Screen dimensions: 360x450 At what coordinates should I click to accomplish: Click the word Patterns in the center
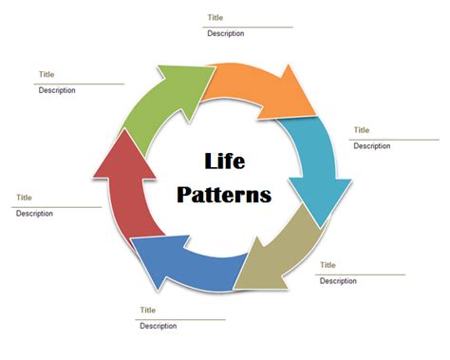coord(225,195)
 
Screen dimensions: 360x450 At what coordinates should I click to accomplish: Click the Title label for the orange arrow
coord(216,17)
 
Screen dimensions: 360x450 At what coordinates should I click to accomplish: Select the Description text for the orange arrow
coord(226,33)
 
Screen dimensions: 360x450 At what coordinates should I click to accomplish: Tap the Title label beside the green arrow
coord(47,74)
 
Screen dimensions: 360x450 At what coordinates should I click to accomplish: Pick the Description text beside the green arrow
coord(57,90)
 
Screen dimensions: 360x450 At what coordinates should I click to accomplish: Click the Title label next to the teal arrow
coord(361,130)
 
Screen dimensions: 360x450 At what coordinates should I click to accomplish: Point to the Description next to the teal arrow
coord(371,146)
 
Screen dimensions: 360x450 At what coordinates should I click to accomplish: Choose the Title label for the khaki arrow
coord(328,265)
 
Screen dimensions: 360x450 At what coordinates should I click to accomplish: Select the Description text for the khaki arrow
coord(338,281)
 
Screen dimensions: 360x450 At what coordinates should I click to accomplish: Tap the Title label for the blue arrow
coord(147,310)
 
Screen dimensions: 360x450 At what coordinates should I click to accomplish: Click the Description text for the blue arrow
coord(158,327)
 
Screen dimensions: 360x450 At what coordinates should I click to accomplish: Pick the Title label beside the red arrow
coord(24,198)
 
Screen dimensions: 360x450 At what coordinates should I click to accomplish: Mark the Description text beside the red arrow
coord(34,214)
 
